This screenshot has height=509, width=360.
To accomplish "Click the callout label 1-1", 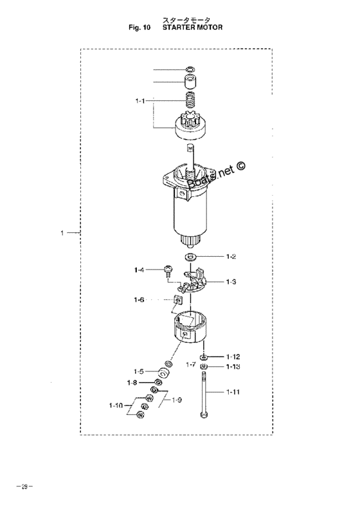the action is (x=139, y=101).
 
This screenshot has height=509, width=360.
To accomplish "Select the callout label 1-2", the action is (x=231, y=257).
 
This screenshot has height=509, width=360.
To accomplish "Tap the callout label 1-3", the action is (x=231, y=281).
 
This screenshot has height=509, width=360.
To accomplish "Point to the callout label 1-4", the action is (x=139, y=270).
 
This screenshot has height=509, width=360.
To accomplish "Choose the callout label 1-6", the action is (x=139, y=300).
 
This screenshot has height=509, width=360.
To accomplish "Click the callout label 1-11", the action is (x=233, y=392).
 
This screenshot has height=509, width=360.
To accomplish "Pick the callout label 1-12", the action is (x=233, y=356).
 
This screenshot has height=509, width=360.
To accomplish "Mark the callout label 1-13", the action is (x=233, y=367).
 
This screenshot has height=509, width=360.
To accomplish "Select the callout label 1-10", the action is (x=116, y=405).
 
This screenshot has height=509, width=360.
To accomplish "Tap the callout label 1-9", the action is (x=177, y=400).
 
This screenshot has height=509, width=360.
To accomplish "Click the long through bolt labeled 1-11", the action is (x=203, y=395).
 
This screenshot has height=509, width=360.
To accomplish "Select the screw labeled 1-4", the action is (x=168, y=271).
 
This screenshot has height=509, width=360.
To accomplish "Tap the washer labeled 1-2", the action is (x=190, y=257).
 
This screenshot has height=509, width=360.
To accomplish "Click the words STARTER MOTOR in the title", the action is (x=193, y=27).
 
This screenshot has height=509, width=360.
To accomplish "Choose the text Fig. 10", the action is (x=139, y=27).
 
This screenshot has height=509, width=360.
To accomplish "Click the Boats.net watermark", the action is (x=217, y=175).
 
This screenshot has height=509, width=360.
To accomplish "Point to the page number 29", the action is (x=24, y=486).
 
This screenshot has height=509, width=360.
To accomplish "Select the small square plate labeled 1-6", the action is (x=177, y=301).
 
